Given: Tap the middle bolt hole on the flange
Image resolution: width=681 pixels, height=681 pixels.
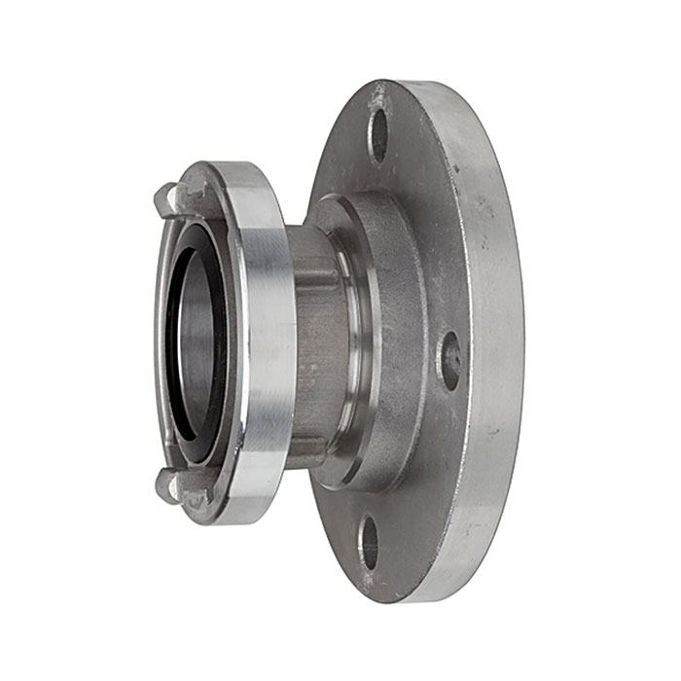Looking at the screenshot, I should click(449, 359).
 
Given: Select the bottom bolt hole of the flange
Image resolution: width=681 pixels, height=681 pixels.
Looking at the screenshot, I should click(370, 543).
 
